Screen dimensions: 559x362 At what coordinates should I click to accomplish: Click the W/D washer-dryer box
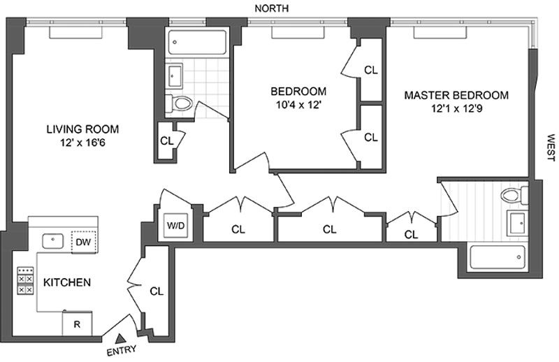click(177, 225)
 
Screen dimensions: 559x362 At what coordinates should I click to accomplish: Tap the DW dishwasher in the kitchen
click(84, 242)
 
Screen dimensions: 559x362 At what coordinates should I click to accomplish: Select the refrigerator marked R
click(77, 324)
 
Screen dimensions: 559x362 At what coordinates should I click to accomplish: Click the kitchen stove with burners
click(25, 281)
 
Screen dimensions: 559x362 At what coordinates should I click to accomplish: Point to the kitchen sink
click(53, 241)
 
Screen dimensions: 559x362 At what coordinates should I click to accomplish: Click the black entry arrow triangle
click(120, 338)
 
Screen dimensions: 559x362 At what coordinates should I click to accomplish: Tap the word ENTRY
click(122, 350)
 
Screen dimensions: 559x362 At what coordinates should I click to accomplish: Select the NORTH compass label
click(272, 8)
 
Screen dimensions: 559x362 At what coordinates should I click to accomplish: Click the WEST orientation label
click(551, 147)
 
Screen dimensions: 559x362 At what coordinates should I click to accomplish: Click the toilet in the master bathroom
click(514, 196)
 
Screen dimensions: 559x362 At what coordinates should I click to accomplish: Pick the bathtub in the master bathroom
click(498, 257)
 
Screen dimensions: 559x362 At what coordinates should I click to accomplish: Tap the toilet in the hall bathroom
click(179, 103)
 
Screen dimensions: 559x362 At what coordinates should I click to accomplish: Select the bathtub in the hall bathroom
click(197, 43)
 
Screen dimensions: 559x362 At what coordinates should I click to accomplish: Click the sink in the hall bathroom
click(174, 76)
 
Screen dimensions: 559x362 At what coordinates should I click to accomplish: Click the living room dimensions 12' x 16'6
click(82, 143)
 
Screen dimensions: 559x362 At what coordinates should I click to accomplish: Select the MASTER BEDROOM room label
click(456, 95)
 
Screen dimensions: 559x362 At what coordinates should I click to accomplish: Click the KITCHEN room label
click(67, 282)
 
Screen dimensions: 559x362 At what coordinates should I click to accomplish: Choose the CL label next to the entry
click(157, 291)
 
